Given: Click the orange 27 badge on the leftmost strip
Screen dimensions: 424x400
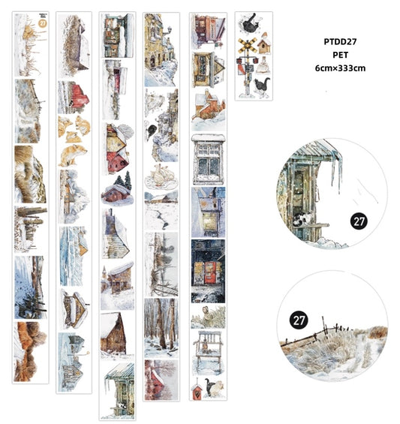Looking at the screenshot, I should click(42, 23).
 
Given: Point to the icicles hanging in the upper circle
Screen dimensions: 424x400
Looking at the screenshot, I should click(330, 169).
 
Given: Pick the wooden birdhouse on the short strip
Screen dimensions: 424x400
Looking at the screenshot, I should click(263, 47).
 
